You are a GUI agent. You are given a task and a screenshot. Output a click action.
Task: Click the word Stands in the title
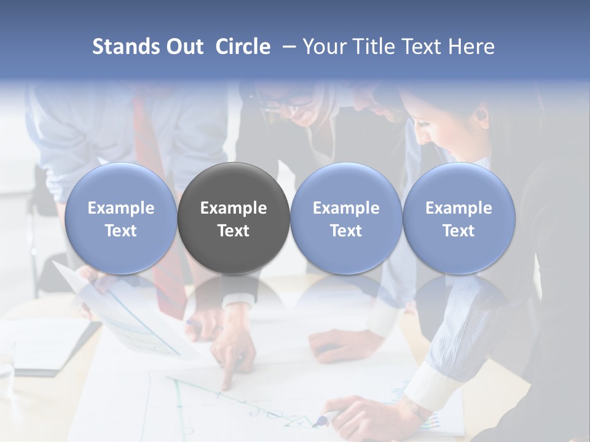123,47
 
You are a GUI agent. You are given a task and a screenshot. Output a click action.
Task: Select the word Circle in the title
243,47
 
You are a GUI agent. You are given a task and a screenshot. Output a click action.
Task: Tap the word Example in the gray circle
234,208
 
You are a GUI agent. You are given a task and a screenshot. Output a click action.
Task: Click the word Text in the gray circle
234,231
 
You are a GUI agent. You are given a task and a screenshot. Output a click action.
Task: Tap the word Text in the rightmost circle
458,231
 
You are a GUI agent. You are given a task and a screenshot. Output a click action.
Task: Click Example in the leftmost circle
120,208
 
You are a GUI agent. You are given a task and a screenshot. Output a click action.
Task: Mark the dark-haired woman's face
433,132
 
